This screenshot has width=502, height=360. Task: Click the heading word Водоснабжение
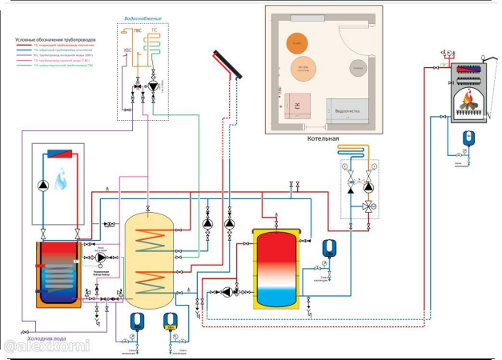[x=143, y=18]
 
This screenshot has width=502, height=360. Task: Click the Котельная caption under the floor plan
[x=323, y=138]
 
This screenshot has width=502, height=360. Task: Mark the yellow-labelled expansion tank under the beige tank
[x=171, y=322]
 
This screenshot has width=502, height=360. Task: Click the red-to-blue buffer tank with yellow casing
[x=278, y=267]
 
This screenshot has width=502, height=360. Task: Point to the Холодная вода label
[x=56, y=336]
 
